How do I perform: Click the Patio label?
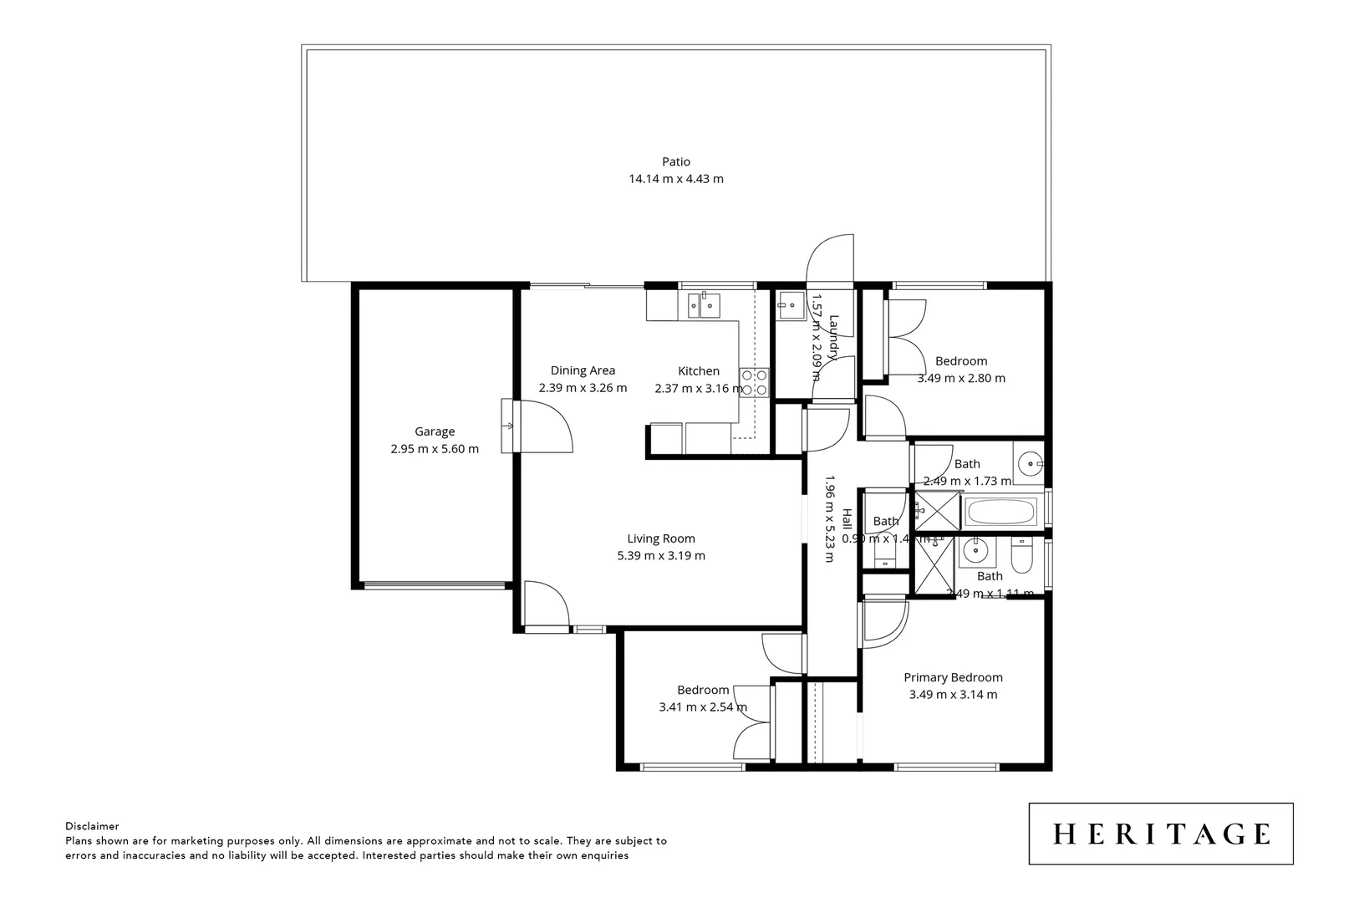pyautogui.click(x=676, y=161)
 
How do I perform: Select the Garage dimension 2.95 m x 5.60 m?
pyautogui.click(x=435, y=449)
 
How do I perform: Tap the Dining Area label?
pyautogui.click(x=583, y=370)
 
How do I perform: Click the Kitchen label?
pyautogui.click(x=699, y=371)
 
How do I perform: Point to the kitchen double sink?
pyautogui.click(x=704, y=306)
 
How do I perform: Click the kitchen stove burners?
pyautogui.click(x=755, y=383)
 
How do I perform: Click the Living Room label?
pyautogui.click(x=661, y=538)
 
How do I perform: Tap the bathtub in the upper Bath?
pyautogui.click(x=1000, y=512)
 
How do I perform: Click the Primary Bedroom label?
pyautogui.click(x=953, y=677)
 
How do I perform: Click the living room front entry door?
pyautogui.click(x=545, y=604)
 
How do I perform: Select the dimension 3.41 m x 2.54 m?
pyautogui.click(x=703, y=707)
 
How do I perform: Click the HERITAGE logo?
pyautogui.click(x=1160, y=834)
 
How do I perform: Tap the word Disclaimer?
pyautogui.click(x=92, y=826)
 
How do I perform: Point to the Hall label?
pyautogui.click(x=847, y=519)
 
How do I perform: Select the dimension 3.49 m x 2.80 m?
pyautogui.click(x=961, y=378)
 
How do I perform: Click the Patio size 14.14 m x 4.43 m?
pyautogui.click(x=676, y=179)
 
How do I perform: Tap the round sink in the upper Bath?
pyautogui.click(x=1029, y=462)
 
